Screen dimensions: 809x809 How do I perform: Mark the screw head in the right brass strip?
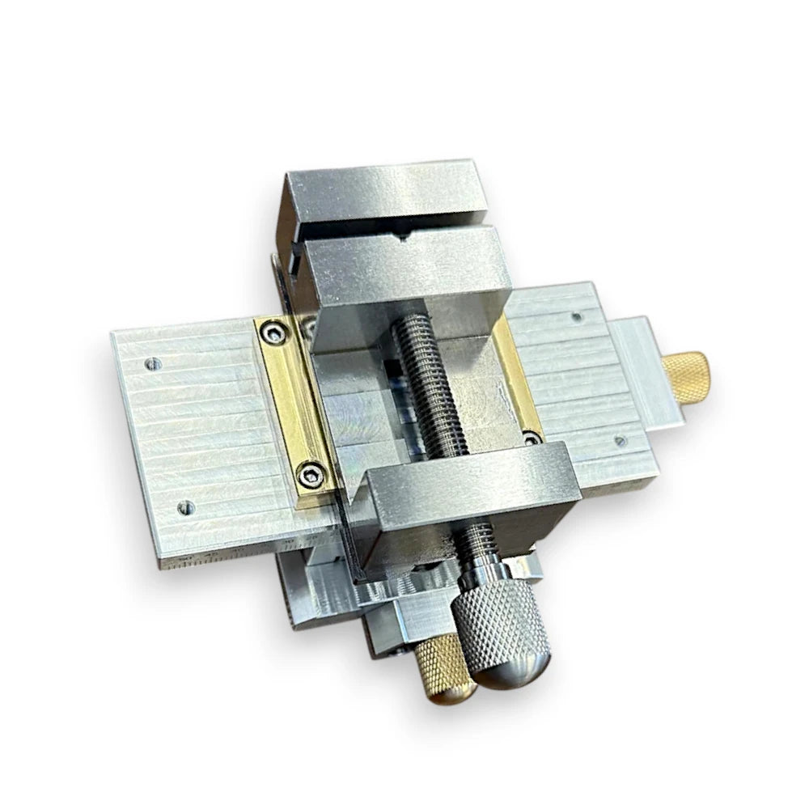(532, 437)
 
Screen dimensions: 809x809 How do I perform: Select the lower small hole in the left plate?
(186, 507)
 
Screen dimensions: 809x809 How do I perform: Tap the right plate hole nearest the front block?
(619, 441)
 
